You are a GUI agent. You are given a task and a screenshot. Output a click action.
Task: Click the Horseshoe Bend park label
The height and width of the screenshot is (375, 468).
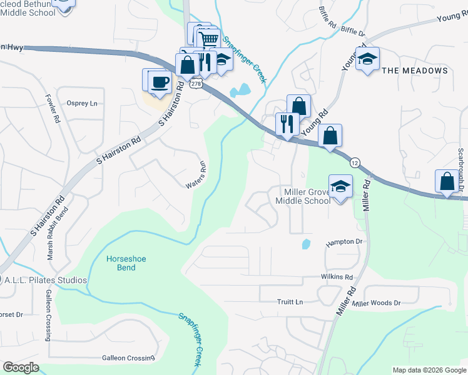(113, 263)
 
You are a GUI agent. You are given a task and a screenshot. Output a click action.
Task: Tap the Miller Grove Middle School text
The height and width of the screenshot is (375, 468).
(303, 196)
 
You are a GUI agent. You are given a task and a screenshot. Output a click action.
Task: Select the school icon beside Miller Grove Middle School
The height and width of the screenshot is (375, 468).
(340, 187)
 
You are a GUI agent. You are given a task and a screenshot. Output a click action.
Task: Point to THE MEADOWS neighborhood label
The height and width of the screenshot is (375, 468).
(415, 71)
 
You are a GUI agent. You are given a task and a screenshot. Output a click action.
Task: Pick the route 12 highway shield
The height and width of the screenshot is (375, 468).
(355, 162)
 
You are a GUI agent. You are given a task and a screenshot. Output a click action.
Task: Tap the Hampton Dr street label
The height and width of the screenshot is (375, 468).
(344, 241)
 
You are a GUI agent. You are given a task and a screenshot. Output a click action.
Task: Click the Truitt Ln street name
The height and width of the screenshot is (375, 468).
(290, 302)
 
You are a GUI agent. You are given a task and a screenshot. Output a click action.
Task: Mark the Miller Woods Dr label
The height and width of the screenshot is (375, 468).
(376, 303)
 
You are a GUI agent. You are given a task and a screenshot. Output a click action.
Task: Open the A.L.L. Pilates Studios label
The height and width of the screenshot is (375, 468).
(47, 280)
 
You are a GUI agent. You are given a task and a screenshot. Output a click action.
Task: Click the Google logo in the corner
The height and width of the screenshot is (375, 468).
(21, 367)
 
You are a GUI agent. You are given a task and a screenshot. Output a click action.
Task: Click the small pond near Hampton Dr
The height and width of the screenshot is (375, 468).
(305, 244)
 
